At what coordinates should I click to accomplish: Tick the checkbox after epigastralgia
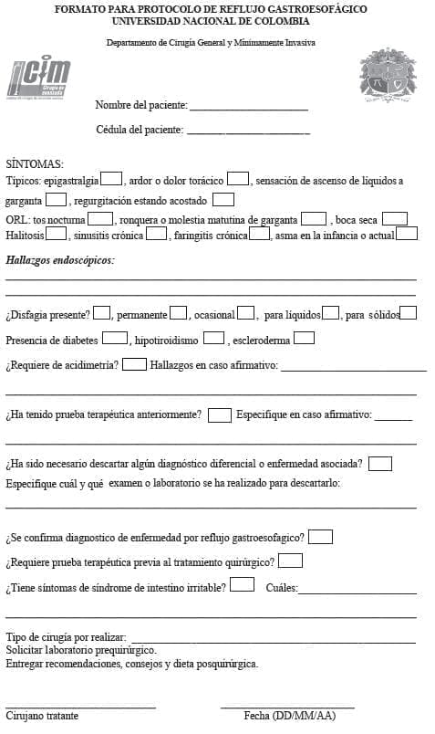pos(111,178)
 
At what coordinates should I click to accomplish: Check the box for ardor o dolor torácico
pos(238,178)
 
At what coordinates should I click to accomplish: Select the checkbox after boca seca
pos(394,218)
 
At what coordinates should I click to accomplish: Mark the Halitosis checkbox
pos(57,233)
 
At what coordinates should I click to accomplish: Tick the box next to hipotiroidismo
pos(213,339)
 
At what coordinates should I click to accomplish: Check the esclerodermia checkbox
pos(304,339)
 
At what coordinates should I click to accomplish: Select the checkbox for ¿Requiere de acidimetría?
pos(134,364)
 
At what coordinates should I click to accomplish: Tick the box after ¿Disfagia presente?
pos(102,313)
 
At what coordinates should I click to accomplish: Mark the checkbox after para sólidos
pos(408,313)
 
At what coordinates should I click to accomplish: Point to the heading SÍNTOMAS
pos(35,162)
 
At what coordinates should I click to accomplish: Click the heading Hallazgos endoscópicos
pos(60,260)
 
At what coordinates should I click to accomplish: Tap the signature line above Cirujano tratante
pos(80,707)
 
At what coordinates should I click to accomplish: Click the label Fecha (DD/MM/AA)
pos(289,716)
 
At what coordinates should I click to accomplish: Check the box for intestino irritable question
pos(242,584)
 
